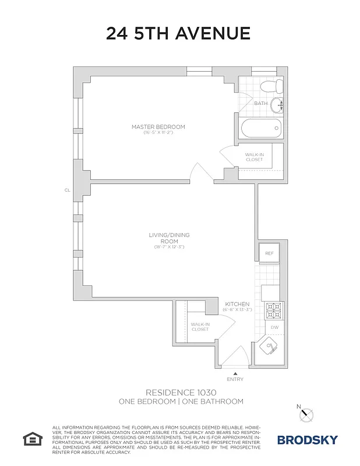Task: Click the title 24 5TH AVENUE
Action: coord(178,34)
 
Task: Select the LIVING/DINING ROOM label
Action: coord(169,238)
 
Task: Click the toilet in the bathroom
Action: coord(271,87)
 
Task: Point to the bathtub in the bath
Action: coord(262,128)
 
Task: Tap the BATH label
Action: coord(260,104)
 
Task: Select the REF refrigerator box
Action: coord(269,253)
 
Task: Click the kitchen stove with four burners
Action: coord(273,311)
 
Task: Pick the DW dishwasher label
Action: coord(275,327)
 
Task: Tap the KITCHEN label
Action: coord(237,304)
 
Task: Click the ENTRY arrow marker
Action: coord(235,373)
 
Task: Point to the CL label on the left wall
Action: coord(67,190)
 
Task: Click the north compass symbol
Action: coord(306,414)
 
